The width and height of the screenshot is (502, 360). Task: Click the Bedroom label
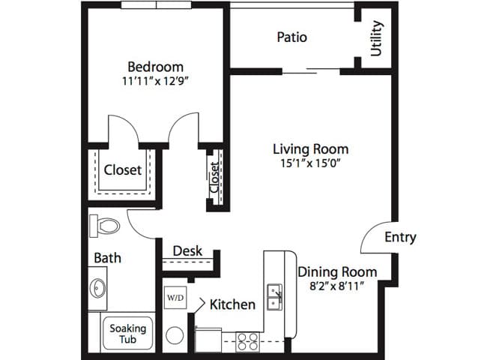[155, 67]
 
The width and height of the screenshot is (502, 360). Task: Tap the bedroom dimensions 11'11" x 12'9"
[154, 81]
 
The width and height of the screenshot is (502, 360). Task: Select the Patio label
[291, 37]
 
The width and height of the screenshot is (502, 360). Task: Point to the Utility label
[376, 38]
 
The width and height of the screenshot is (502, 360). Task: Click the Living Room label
[310, 149]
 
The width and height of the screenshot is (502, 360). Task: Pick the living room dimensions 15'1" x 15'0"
[310, 163]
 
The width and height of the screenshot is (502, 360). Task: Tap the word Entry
[400, 237]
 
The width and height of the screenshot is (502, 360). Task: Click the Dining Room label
[337, 271]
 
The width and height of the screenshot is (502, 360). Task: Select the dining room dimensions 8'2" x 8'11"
[337, 286]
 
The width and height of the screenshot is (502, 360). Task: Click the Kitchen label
[232, 304]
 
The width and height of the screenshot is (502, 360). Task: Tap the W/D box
[175, 298]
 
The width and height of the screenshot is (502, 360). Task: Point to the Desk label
[187, 250]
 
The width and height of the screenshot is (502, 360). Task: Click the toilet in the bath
[104, 226]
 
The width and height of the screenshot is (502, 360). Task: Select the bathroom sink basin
[97, 288]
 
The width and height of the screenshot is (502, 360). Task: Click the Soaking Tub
[127, 334]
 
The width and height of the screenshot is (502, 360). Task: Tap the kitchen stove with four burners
[247, 342]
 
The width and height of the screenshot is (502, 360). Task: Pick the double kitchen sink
[275, 297]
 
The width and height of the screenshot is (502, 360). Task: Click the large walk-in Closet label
[123, 170]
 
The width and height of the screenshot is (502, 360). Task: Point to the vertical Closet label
[214, 177]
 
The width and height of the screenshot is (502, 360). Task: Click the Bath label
[108, 258]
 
